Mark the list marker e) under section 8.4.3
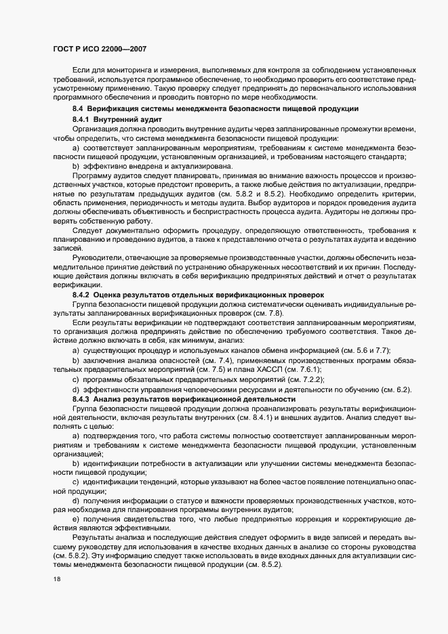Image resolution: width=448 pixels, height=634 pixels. point(76,519)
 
